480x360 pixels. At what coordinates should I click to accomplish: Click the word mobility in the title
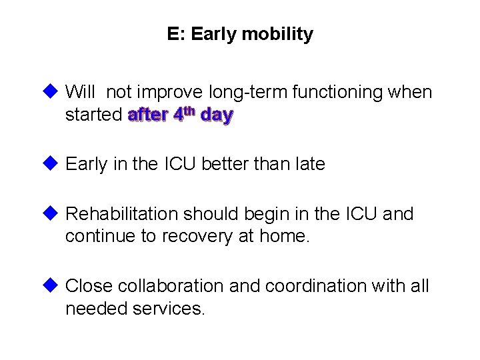pyautogui.click(x=279, y=35)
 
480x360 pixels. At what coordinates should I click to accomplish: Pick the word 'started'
pyautogui.click(x=93, y=115)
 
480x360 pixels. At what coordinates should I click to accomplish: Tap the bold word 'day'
pyautogui.click(x=217, y=115)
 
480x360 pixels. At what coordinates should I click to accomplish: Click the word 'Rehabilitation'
pyautogui.click(x=123, y=215)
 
